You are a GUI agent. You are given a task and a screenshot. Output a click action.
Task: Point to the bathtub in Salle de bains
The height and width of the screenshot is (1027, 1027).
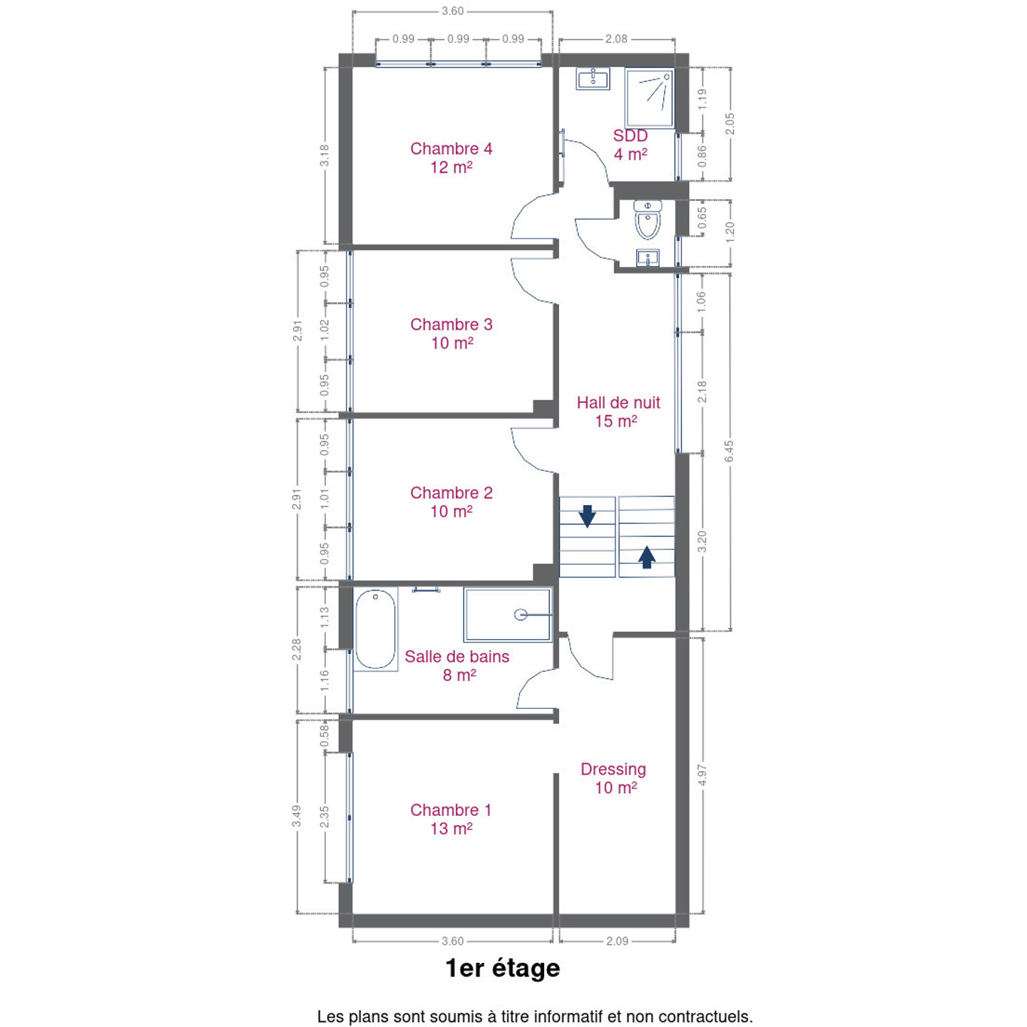click(x=376, y=629)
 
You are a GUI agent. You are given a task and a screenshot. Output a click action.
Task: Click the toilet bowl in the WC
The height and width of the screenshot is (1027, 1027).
click(x=648, y=220)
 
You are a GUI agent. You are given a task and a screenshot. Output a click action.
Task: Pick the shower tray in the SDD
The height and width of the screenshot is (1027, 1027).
click(x=649, y=98)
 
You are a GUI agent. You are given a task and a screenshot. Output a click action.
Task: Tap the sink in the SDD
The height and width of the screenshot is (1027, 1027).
click(x=593, y=79)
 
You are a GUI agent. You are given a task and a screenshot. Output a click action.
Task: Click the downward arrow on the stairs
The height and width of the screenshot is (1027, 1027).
click(x=587, y=516)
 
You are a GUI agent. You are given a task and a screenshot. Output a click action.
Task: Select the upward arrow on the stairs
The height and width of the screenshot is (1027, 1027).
click(x=646, y=557)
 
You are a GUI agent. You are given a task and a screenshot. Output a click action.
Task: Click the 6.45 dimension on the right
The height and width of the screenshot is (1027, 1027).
click(x=730, y=451)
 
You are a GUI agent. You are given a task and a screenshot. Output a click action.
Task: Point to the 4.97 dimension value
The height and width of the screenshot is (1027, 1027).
click(x=702, y=775)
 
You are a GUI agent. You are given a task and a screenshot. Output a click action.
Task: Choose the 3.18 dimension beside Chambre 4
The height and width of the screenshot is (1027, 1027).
click(x=324, y=155)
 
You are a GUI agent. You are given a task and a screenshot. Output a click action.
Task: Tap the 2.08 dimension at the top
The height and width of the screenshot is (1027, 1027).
click(x=616, y=39)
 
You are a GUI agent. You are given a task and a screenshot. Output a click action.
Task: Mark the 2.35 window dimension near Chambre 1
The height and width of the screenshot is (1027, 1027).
click(x=324, y=817)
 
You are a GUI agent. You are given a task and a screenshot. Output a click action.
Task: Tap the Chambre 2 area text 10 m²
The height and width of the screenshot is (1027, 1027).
click(x=451, y=511)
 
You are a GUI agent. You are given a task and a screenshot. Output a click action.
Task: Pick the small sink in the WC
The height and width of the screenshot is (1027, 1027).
click(x=648, y=258)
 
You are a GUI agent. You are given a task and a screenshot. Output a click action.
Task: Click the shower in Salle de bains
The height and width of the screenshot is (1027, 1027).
click(x=507, y=615)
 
